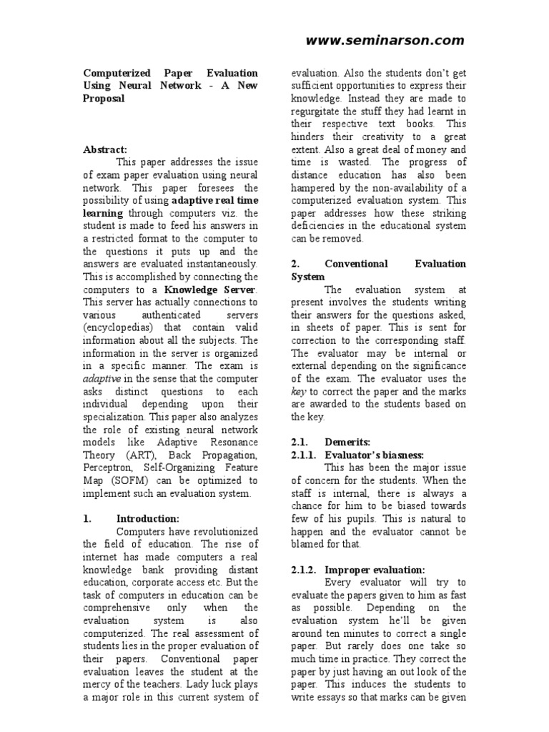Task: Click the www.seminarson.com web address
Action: click(385, 41)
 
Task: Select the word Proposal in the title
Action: click(104, 99)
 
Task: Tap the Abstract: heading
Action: click(104, 149)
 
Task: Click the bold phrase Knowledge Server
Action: click(209, 290)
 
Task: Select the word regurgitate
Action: click(322, 111)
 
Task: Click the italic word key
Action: click(297, 391)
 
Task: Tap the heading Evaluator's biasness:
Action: click(375, 455)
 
